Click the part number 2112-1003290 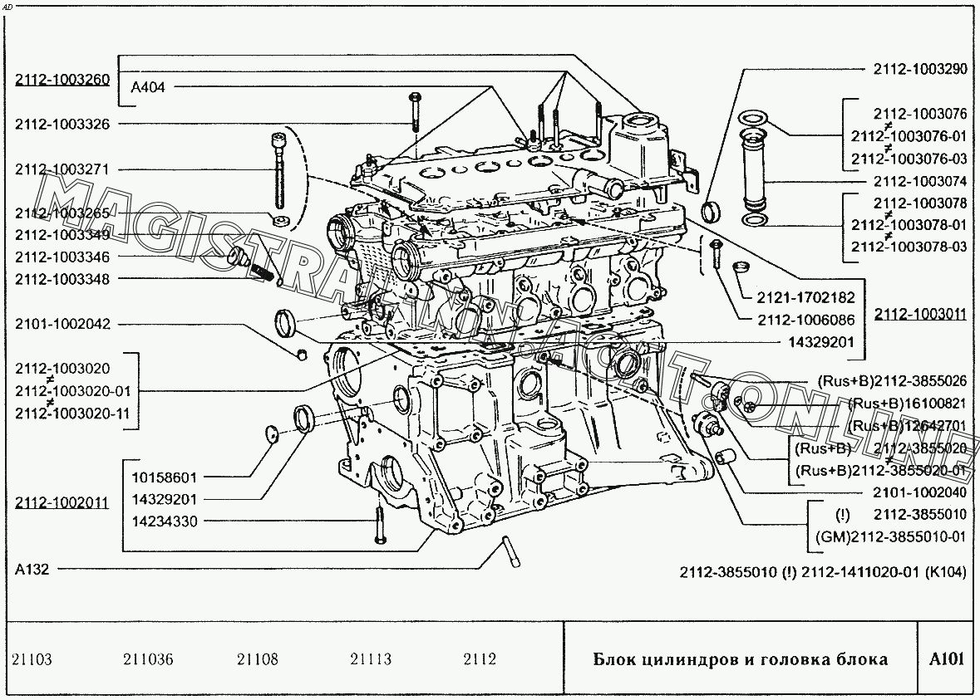click(919, 70)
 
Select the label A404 click(149, 86)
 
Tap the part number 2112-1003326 click(62, 124)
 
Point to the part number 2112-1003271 click(62, 169)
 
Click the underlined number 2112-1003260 click(62, 80)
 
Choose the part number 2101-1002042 click(62, 324)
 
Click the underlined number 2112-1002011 click(62, 502)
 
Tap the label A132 click(32, 570)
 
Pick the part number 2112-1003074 click(919, 181)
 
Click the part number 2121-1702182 click(806, 296)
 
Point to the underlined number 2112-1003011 click(919, 314)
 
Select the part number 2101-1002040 click(919, 492)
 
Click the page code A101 click(946, 659)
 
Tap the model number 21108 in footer click(257, 660)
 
